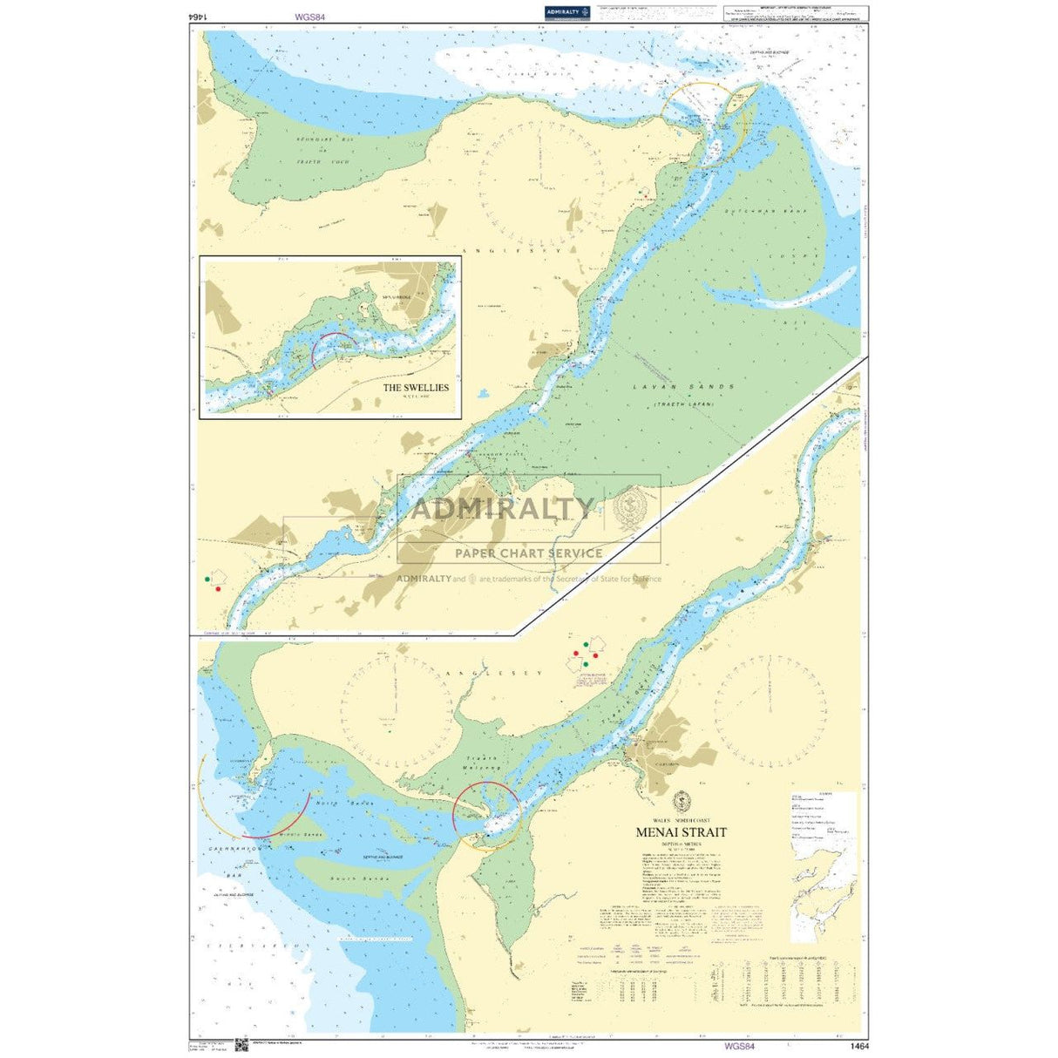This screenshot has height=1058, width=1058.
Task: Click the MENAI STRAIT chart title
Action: pyautogui.click(x=681, y=832)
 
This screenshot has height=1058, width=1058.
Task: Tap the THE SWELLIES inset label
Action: pyautogui.click(x=416, y=387)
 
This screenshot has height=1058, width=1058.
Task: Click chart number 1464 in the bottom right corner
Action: pyautogui.click(x=858, y=1045)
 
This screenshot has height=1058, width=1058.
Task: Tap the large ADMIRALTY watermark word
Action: pyautogui.click(x=502, y=509)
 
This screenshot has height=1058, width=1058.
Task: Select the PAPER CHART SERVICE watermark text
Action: pyautogui.click(x=528, y=553)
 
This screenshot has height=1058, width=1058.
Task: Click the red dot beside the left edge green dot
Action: pyautogui.click(x=218, y=589)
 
